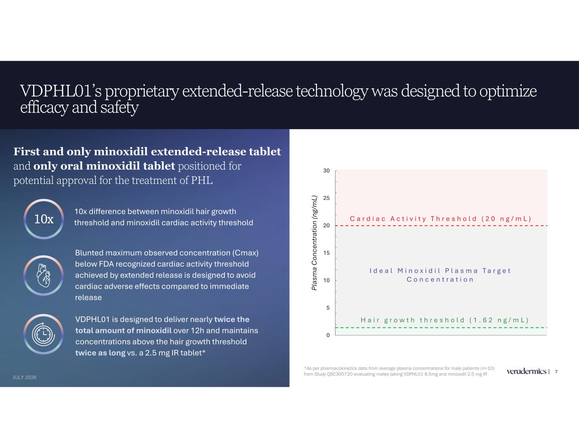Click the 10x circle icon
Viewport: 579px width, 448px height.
pos(44,219)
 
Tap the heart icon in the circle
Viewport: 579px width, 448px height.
pos(43,276)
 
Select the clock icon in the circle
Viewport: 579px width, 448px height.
pos(43,334)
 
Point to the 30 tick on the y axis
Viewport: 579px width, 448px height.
pos(327,171)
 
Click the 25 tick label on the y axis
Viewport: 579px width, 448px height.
pos(327,198)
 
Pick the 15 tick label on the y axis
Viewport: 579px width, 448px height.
pos(327,253)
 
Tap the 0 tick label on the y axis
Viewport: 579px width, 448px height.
pos(328,335)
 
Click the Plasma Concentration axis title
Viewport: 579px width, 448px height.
pos(314,243)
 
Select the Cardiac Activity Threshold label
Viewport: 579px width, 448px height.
pos(441,219)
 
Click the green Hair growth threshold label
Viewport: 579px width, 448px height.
pos(445,320)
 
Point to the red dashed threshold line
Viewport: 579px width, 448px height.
pos(441,225)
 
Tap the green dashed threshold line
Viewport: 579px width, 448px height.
pos(441,327)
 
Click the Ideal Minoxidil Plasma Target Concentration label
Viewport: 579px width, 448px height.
pos(440,275)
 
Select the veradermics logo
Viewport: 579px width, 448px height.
pos(526,371)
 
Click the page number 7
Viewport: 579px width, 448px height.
pos(556,372)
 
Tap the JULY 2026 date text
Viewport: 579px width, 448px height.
pos(25,378)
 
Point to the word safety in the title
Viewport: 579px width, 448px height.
pos(120,108)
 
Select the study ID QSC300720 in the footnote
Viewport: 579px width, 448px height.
pos(340,374)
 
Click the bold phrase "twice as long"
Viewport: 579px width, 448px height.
pos(100,353)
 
